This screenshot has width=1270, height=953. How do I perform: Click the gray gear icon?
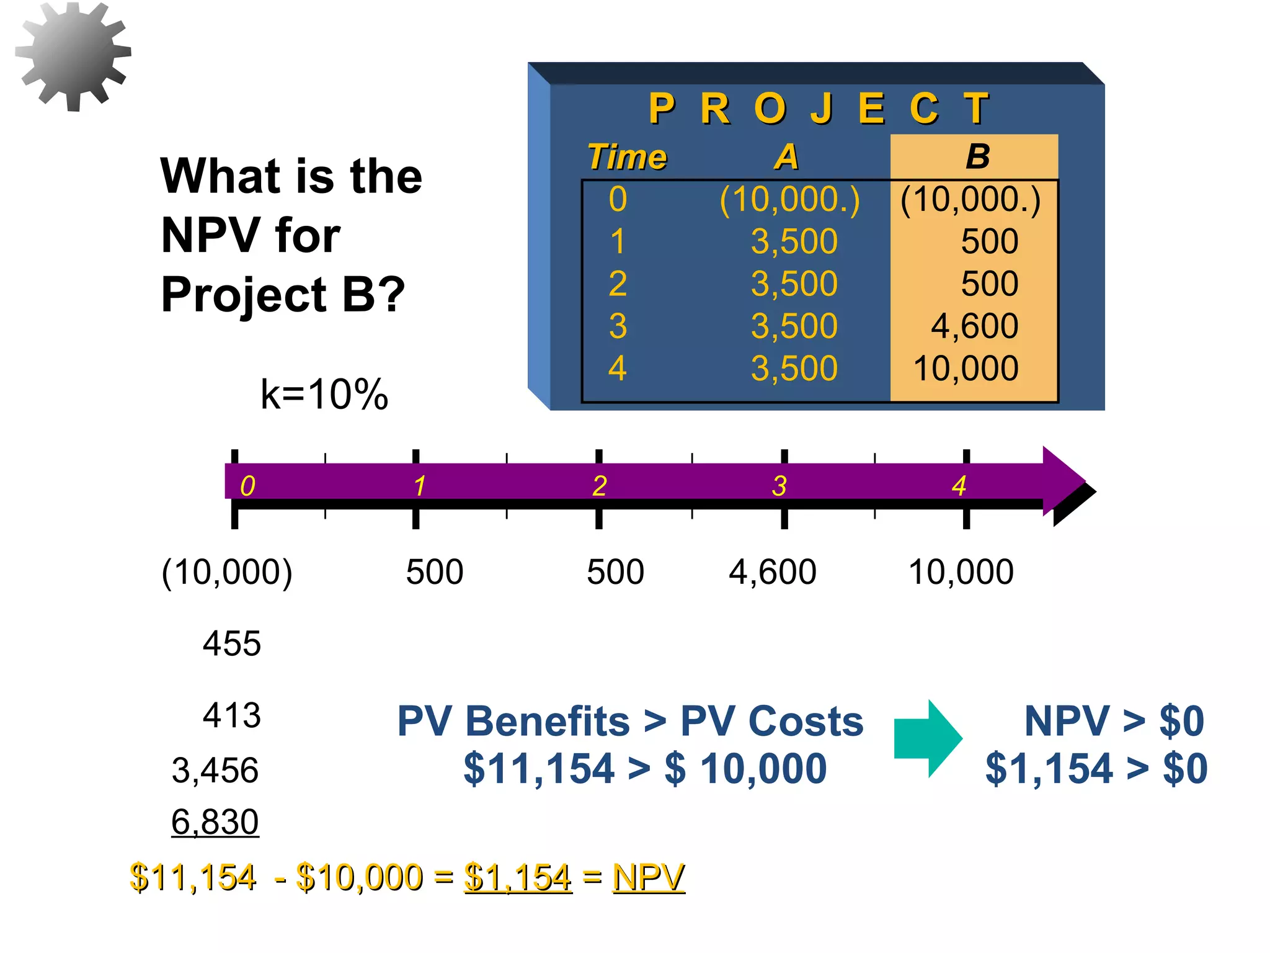coord(73,56)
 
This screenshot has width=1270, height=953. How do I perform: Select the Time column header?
coord(627,156)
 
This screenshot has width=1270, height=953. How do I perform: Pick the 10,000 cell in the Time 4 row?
coord(966,368)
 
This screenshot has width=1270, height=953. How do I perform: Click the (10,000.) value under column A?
coord(789,200)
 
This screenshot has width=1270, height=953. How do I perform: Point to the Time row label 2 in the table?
coord(618,284)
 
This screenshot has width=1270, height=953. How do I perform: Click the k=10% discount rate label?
coord(324,394)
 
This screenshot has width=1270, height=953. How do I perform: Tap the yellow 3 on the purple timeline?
coord(779,486)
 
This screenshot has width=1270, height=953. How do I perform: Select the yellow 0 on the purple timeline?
coord(247,486)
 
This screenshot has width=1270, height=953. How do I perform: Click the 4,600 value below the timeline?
coord(772,571)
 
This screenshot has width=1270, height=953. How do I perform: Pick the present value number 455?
coord(231,643)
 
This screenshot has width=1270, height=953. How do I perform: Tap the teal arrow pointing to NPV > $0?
coord(928,738)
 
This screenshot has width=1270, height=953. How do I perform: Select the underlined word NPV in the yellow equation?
coord(648,877)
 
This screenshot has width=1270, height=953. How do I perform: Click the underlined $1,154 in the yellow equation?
coord(517,877)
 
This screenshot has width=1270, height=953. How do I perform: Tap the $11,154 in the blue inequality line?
coord(538,768)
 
